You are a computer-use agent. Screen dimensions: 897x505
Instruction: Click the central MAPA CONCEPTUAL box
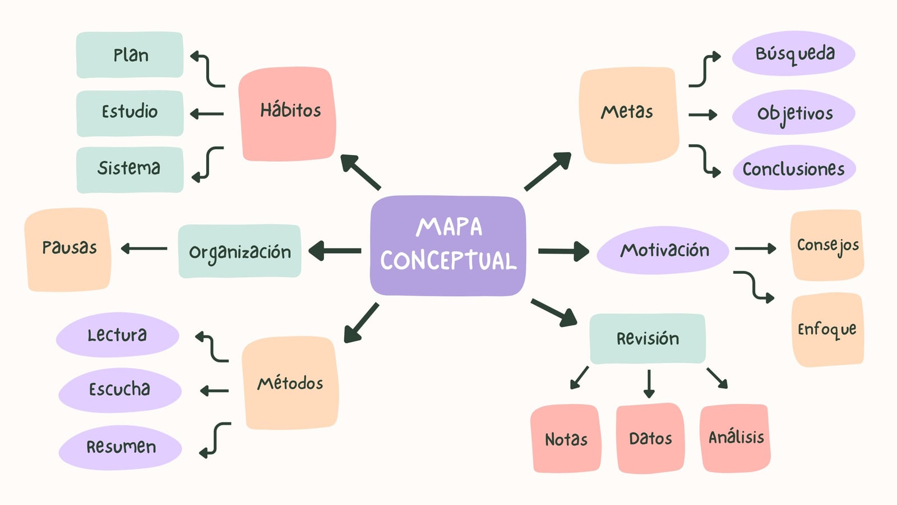448,246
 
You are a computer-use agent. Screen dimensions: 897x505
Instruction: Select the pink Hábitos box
287,114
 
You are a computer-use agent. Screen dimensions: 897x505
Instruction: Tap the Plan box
130,55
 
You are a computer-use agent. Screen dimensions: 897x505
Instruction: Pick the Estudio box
130,113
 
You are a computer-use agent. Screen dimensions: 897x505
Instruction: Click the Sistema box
130,169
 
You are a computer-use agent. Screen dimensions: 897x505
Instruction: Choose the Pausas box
68,249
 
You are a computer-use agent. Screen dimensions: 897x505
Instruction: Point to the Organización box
239,251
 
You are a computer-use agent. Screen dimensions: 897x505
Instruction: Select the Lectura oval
117,334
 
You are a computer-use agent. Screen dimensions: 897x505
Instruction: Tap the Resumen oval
120,447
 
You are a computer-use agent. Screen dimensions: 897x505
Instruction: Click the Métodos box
290,383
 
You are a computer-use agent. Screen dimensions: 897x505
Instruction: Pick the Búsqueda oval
794,53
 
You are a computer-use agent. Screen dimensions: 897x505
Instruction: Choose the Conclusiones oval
794,168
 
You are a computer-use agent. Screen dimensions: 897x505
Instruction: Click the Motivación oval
663,250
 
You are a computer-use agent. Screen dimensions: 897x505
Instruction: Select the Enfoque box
827,329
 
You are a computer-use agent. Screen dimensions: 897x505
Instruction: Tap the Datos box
650,438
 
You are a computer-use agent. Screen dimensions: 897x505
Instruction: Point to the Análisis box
735,438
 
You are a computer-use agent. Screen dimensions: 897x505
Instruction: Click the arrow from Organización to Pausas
144,249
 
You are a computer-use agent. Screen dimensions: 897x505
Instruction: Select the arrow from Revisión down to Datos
649,384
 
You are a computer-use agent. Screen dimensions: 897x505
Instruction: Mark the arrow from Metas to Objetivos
703,114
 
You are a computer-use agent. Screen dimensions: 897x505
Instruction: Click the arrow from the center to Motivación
563,251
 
